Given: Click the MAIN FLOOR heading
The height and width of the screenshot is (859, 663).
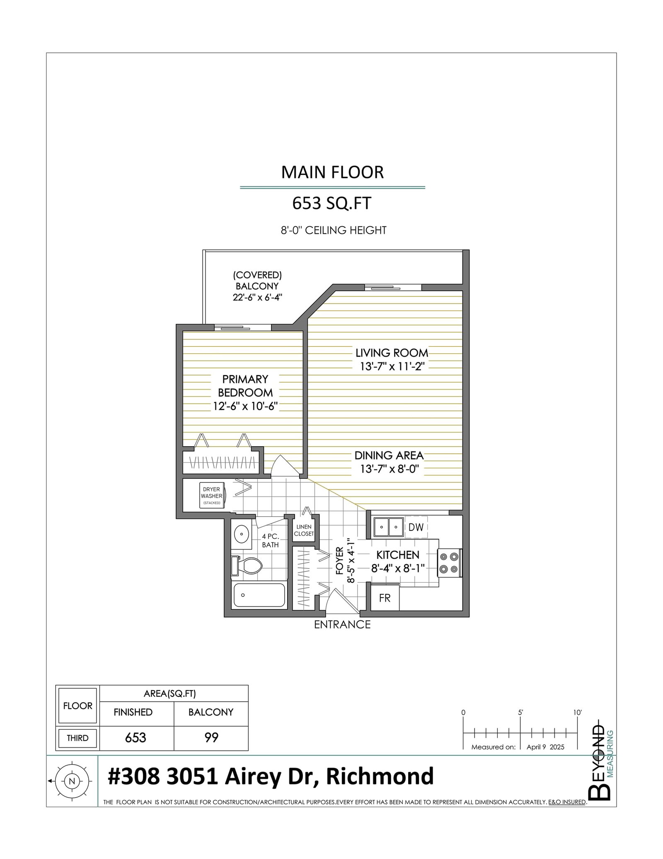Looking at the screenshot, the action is pos(332,172).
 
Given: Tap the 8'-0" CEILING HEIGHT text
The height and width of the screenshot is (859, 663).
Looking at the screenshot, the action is pos(334,230).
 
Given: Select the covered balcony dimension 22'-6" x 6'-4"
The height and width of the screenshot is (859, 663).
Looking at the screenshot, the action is pos(257,297).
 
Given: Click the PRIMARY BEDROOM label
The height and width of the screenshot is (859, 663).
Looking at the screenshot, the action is pos(245,386).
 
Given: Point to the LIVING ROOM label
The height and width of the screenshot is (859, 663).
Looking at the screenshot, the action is pos(392,353).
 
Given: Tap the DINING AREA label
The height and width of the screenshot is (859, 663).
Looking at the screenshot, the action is pos(389,455).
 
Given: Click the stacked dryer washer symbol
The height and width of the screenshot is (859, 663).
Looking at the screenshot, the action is pos(211,495).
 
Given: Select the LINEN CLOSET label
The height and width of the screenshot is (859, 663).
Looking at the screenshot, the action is pos(304,530).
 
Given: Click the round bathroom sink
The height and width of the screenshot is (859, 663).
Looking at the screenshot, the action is pos(242,534).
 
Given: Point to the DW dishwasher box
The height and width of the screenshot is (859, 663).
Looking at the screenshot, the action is pos(416,527).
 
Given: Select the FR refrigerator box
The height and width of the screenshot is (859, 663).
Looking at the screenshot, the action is pos(385,598).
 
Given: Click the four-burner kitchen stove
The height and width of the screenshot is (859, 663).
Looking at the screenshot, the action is pos(450,563).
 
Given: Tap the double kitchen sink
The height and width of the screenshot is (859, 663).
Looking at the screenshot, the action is pos(388,527).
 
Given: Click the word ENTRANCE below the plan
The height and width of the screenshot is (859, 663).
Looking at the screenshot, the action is pos(342,625).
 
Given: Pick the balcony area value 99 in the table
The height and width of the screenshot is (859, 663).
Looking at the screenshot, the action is pos(211,737).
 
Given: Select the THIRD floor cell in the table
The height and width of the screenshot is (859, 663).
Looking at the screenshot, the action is pos(77,738).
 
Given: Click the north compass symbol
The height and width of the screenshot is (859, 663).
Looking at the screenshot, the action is pos(72,781).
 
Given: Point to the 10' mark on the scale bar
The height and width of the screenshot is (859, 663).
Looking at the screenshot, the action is pos(577,713).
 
